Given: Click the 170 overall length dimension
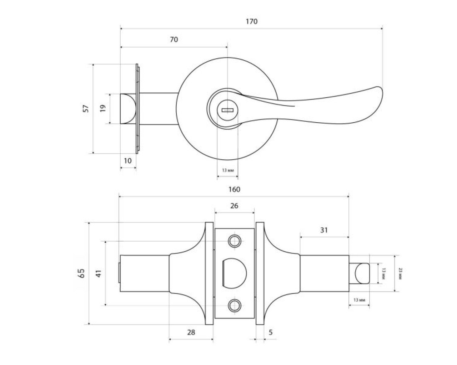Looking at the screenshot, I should (x=251, y=21).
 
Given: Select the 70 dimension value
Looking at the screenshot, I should (x=174, y=40).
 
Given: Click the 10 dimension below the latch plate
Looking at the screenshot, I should (x=127, y=161).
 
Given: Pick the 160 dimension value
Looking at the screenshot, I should (x=234, y=189).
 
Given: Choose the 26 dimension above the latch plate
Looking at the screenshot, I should (x=234, y=206).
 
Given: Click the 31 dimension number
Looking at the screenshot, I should (x=323, y=230).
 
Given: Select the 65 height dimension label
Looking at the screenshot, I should (x=82, y=273).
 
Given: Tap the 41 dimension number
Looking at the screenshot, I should (x=99, y=273).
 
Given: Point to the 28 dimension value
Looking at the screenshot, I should (x=191, y=332).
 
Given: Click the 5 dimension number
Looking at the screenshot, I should (x=270, y=332).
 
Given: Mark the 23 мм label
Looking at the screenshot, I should (x=401, y=273).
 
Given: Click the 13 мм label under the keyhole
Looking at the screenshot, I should (x=227, y=171).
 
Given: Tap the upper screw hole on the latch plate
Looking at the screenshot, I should (x=234, y=241).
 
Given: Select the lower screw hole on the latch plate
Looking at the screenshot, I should (x=234, y=305).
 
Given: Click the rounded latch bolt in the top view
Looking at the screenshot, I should (x=128, y=109).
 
